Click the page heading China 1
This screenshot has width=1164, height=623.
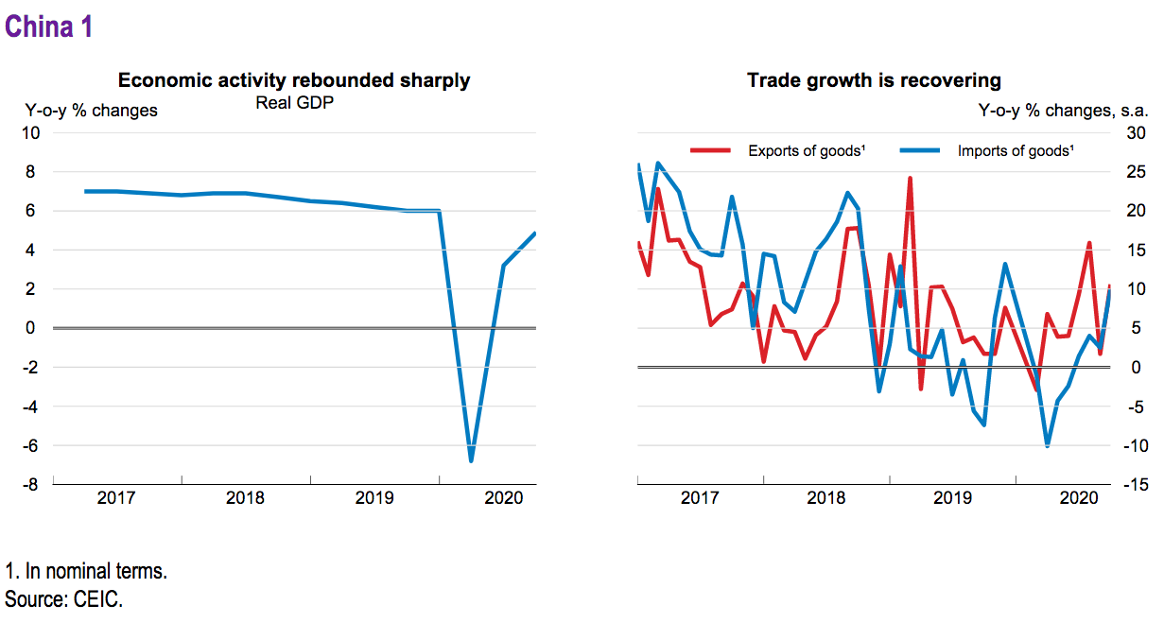pyautogui.click(x=49, y=27)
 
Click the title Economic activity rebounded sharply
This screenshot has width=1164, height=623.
pyautogui.click(x=294, y=80)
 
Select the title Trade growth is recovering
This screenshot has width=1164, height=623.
pyautogui.click(x=874, y=80)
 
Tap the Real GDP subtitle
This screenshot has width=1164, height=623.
pyautogui.click(x=295, y=102)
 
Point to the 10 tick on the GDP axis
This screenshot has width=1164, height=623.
pyautogui.click(x=30, y=133)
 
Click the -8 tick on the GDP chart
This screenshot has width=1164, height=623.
pyautogui.click(x=30, y=485)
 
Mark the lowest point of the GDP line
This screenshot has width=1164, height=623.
pyautogui.click(x=471, y=460)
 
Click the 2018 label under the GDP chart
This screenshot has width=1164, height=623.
pyautogui.click(x=246, y=498)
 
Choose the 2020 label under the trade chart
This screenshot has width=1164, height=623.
pyautogui.click(x=1079, y=498)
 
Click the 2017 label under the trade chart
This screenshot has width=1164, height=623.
pyautogui.click(x=701, y=498)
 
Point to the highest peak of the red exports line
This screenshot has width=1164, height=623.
pyautogui.click(x=910, y=178)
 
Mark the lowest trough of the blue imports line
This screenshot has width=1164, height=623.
pyautogui.click(x=1047, y=445)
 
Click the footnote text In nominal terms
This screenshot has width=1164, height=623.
pyautogui.click(x=86, y=572)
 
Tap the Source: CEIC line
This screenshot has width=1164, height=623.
pyautogui.click(x=63, y=599)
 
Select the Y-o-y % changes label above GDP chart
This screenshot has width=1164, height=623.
pyautogui.click(x=91, y=111)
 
